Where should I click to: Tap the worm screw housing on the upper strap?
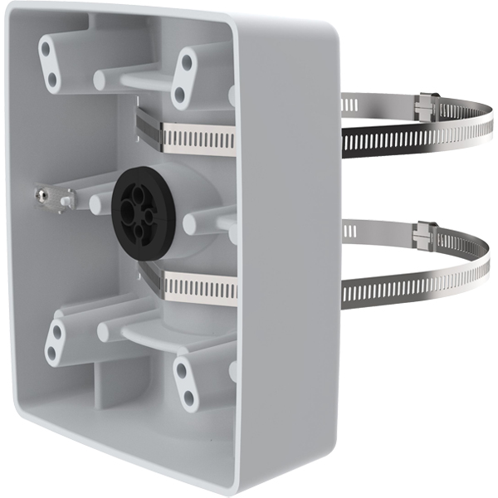[x=426, y=105]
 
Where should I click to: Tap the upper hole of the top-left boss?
[x=46, y=49]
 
